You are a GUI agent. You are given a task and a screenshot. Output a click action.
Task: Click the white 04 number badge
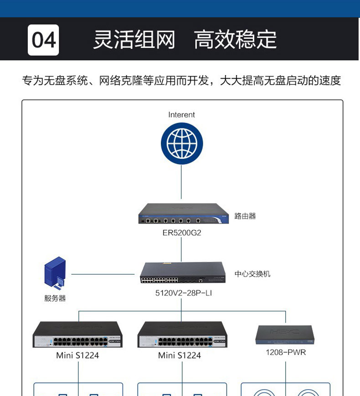pyautogui.click(x=43, y=40)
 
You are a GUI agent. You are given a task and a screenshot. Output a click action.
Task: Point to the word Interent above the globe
pyautogui.click(x=181, y=115)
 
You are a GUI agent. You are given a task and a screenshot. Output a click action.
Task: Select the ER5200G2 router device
pyautogui.click(x=182, y=214)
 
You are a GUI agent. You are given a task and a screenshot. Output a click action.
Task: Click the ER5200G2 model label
pyautogui.click(x=181, y=233)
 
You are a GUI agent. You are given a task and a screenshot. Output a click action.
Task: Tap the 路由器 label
pyautogui.click(x=245, y=216)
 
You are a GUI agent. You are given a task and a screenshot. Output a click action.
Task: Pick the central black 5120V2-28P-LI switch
pyautogui.click(x=182, y=273)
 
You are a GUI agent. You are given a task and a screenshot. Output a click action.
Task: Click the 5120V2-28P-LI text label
pyautogui.click(x=184, y=293)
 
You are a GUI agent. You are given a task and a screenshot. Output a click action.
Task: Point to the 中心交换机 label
pyautogui.click(x=252, y=274)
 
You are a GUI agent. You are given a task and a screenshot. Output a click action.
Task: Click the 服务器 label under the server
pyautogui.click(x=55, y=299)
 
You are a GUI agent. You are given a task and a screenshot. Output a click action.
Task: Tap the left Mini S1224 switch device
pyautogui.click(x=78, y=335)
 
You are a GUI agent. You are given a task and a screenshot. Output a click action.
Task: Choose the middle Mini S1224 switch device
pyautogui.click(x=182, y=335)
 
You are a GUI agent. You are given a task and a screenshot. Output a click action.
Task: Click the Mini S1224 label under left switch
pyautogui.click(x=77, y=355)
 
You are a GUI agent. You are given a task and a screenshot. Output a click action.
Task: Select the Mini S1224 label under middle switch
pyautogui.click(x=180, y=355)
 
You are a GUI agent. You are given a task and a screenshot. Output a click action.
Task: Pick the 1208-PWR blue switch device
pyautogui.click(x=286, y=335)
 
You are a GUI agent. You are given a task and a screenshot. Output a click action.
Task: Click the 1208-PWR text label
pyautogui.click(x=286, y=352)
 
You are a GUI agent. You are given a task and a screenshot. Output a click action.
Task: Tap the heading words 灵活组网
pyautogui.click(x=134, y=40)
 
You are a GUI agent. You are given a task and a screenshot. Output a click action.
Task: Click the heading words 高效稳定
pyautogui.click(x=235, y=40)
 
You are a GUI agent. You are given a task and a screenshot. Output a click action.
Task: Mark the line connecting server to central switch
pyautogui.click(x=103, y=274)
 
